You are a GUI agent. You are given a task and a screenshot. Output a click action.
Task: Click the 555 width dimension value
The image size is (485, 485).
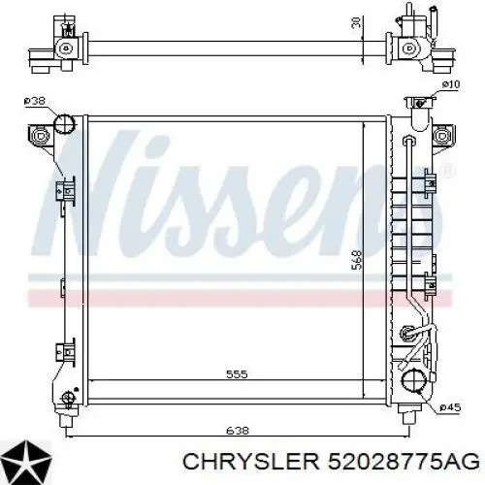pyautogui.click(x=237, y=374)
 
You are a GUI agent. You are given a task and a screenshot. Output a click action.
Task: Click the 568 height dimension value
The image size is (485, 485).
pyautogui.click(x=357, y=259)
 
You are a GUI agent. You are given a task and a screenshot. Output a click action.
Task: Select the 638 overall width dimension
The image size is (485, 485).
pyautogui.click(x=238, y=431)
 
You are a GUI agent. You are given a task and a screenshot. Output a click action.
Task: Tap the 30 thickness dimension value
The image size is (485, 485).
pyautogui.click(x=355, y=22)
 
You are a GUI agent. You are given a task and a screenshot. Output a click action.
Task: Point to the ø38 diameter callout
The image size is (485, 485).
pyautogui.click(x=34, y=101)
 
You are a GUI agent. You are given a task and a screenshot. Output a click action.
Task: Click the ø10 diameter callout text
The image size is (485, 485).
pyautogui.click(x=451, y=84)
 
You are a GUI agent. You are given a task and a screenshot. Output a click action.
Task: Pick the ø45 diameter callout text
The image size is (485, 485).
pyautogui.click(x=450, y=408)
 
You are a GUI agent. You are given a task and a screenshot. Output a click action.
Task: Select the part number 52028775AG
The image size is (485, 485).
pyautogui.click(x=403, y=461)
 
